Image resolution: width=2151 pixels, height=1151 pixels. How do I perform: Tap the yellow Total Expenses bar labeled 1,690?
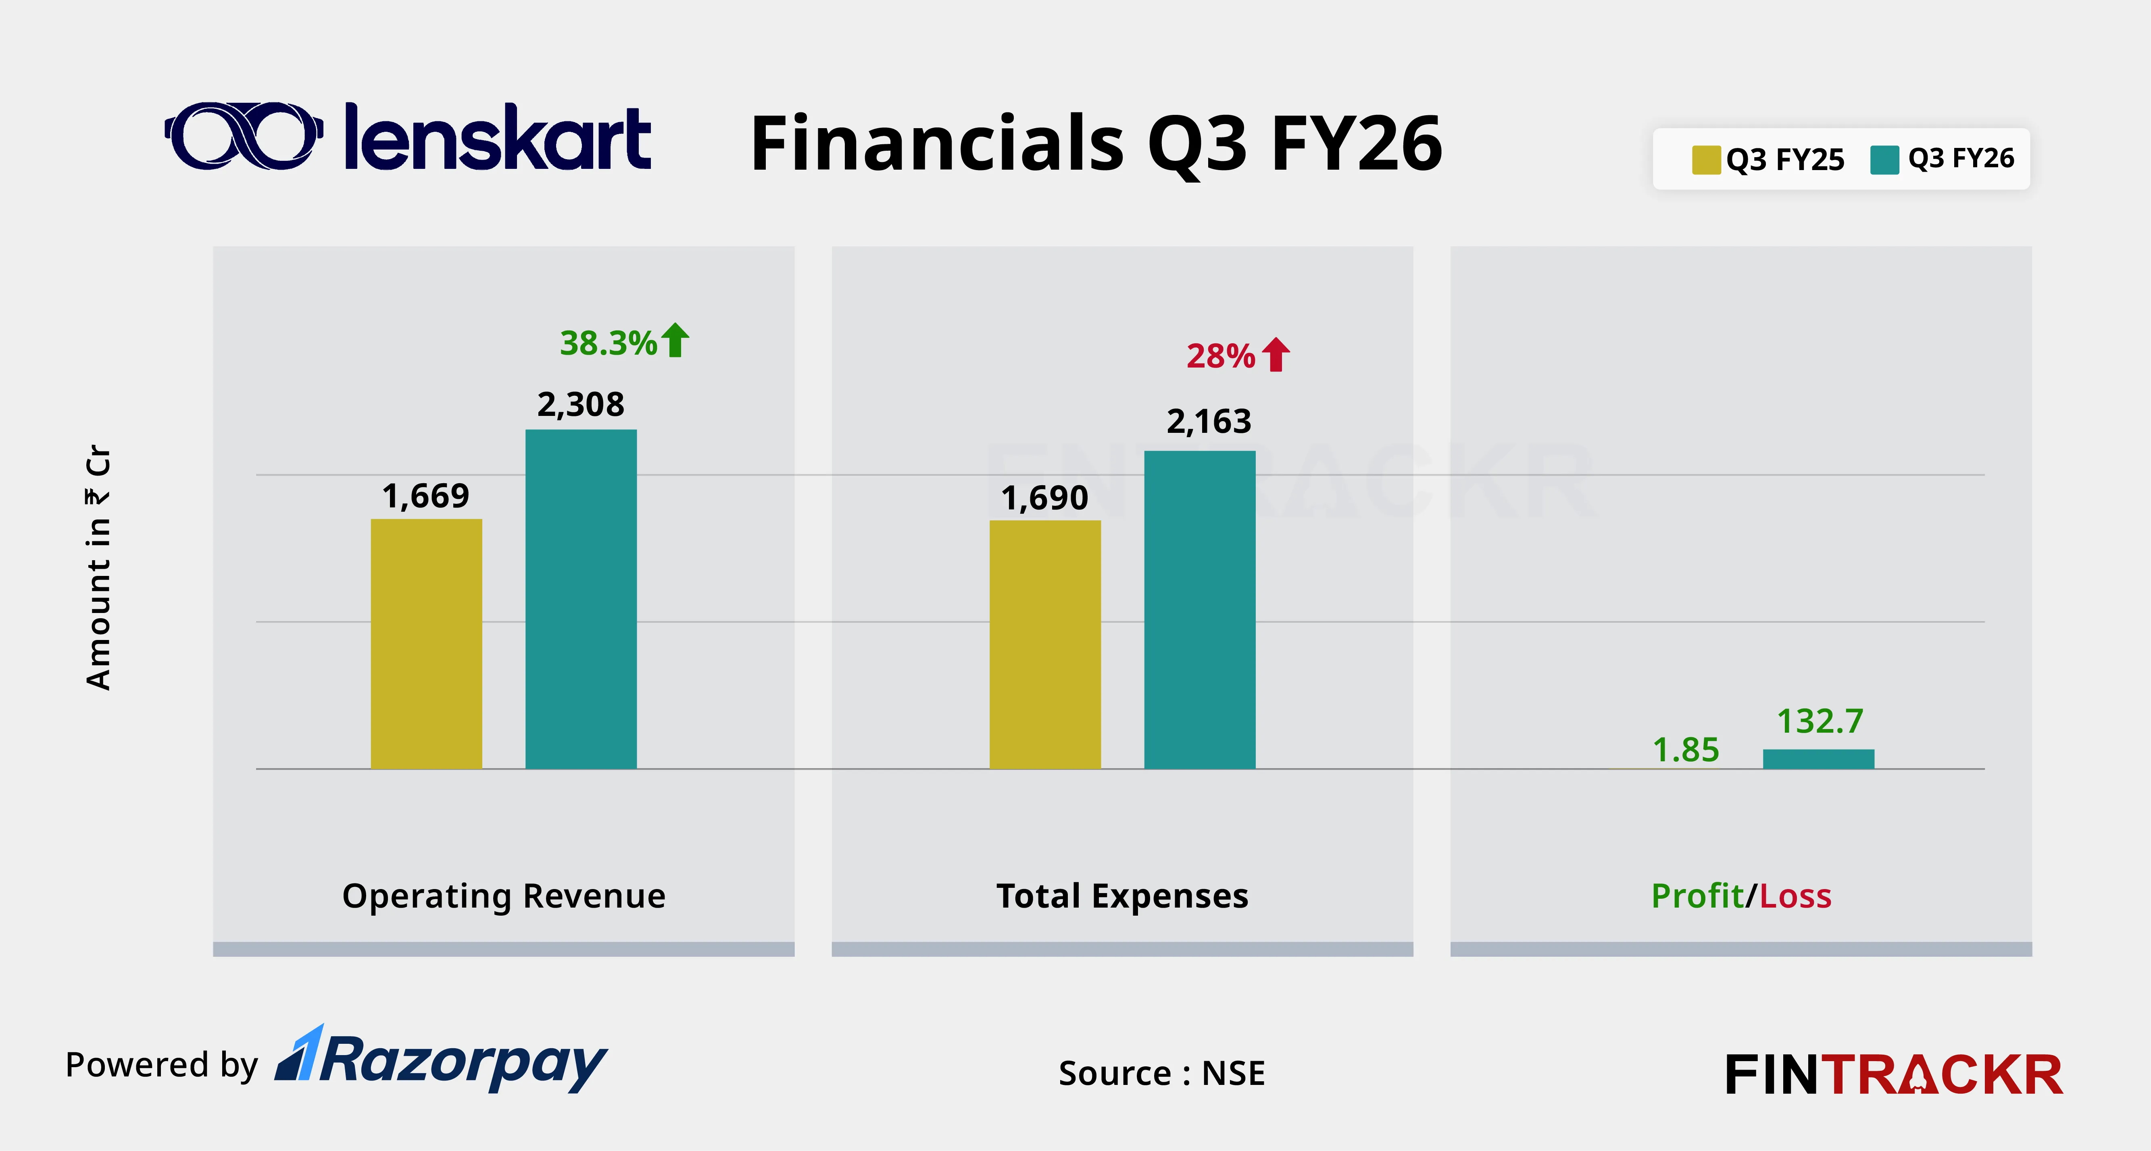pyautogui.click(x=1044, y=644)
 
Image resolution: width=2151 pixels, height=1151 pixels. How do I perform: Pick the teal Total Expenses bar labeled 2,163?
pyautogui.click(x=1199, y=609)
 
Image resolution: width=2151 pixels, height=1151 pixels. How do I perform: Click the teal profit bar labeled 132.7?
pyautogui.click(x=1818, y=759)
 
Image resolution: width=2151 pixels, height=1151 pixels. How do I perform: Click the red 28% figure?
pyautogui.click(x=1220, y=356)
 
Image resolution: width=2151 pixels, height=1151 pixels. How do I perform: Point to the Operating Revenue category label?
pyautogui.click(x=504, y=895)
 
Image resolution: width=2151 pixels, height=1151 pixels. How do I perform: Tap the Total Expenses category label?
pyautogui.click(x=1122, y=895)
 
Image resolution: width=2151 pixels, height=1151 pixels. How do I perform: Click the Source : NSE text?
pyautogui.click(x=1161, y=1072)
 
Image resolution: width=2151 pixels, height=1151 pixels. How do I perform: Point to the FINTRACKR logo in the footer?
pyautogui.click(x=1893, y=1074)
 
